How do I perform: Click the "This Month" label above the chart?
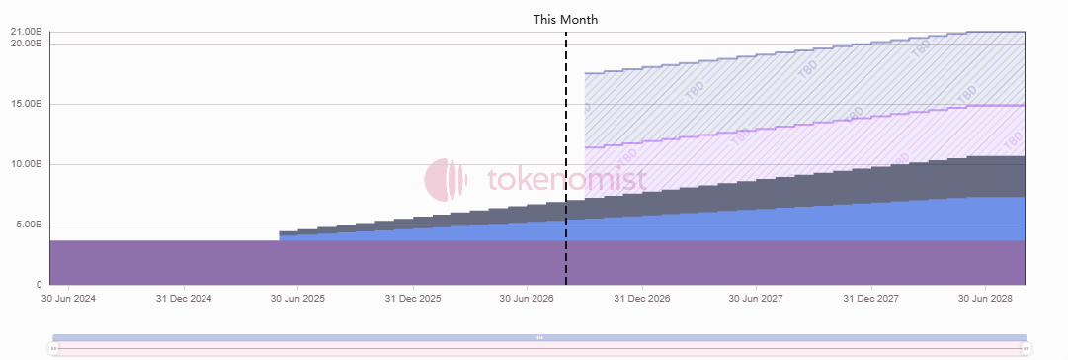(565, 20)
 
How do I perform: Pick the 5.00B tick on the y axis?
(29, 225)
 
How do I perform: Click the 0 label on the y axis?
(39, 285)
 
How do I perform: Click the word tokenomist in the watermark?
(566, 180)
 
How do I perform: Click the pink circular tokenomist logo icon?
(447, 180)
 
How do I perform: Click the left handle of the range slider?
(53, 349)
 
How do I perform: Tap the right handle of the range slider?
(1026, 349)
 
